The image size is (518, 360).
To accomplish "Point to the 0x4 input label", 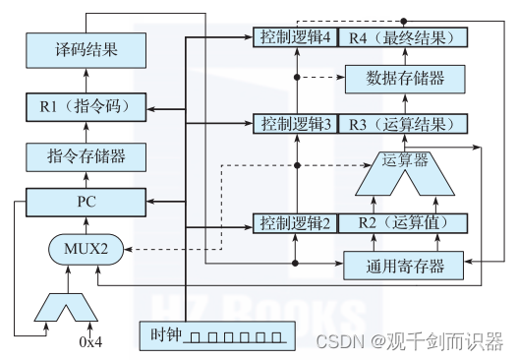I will (90, 343).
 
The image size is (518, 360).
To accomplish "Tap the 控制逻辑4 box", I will (292, 37).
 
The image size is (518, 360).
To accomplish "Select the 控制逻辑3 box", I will (292, 124).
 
